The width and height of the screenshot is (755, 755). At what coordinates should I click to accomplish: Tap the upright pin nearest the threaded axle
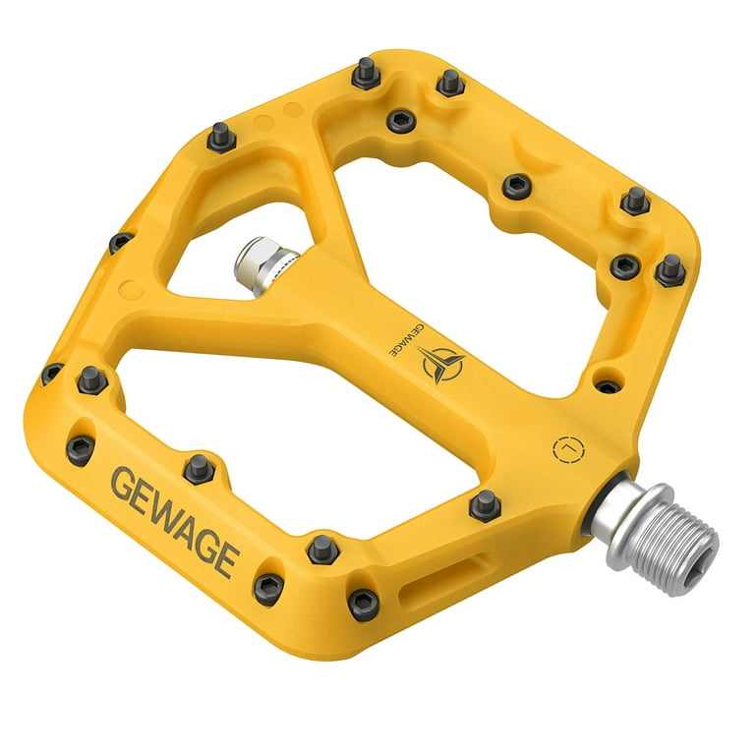pos(485,505)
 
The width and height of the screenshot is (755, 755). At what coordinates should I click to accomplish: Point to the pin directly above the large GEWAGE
pos(199,469)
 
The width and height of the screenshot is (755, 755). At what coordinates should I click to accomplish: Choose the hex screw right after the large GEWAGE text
pos(267,588)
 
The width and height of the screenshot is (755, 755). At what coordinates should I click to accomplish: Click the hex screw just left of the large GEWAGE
pos(81,449)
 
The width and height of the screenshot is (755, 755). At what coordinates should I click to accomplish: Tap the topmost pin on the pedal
pos(366,72)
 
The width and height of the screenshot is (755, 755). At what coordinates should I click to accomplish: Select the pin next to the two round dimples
pos(223,137)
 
